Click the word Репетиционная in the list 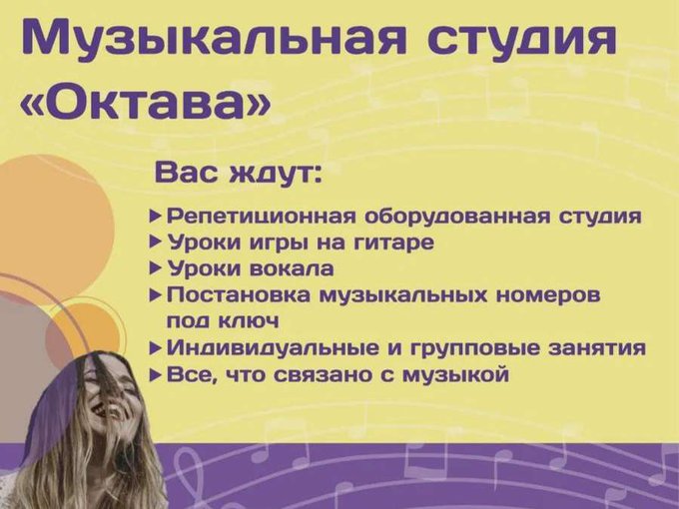tap(261, 217)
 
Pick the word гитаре tap(393, 243)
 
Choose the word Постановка tap(239, 295)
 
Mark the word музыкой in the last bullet tap(455, 374)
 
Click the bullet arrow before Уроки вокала tap(156, 268)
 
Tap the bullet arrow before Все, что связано tap(156, 375)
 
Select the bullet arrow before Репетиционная tap(156, 216)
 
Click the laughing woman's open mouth tap(102, 410)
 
